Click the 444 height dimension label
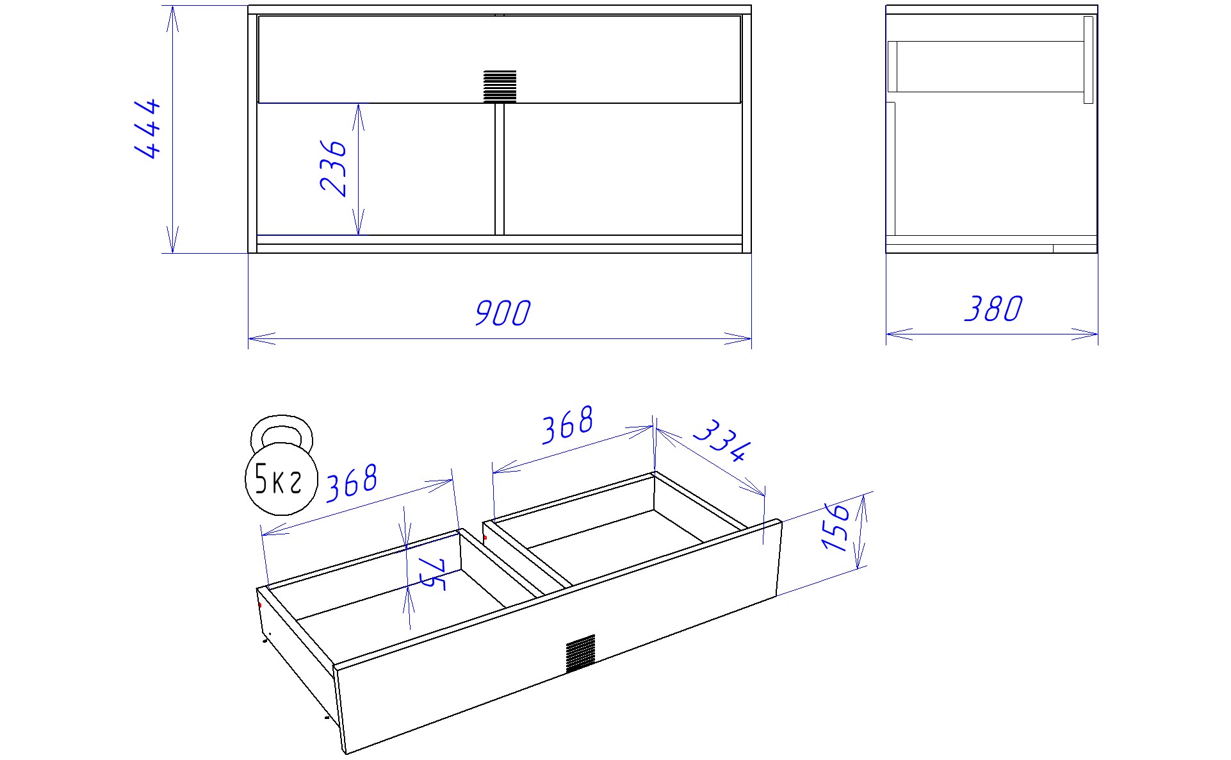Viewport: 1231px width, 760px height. tap(147, 128)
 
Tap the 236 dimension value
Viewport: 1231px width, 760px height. tap(333, 168)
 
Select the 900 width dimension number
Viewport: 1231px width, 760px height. tap(503, 313)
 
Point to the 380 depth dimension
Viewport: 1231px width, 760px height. tap(993, 309)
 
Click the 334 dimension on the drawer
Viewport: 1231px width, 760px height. tap(721, 440)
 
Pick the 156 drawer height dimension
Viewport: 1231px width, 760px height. tap(836, 527)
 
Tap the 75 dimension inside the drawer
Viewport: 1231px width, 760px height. tap(433, 573)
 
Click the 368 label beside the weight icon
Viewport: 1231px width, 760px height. tap(352, 483)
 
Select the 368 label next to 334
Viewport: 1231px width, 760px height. tap(567, 424)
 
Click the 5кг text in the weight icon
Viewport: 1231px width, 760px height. tap(278, 479)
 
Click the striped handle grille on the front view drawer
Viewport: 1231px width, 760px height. tap(500, 87)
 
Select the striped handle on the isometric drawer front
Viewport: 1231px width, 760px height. tap(580, 654)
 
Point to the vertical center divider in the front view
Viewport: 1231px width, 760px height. tap(500, 169)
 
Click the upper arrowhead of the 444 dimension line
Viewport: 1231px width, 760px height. tap(172, 19)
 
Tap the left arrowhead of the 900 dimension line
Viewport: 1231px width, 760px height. tap(261, 338)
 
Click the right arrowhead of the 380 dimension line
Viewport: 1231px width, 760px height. tap(1085, 334)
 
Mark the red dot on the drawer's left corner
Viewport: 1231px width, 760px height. tap(259, 605)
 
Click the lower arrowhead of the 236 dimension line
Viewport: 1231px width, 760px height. tap(358, 222)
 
